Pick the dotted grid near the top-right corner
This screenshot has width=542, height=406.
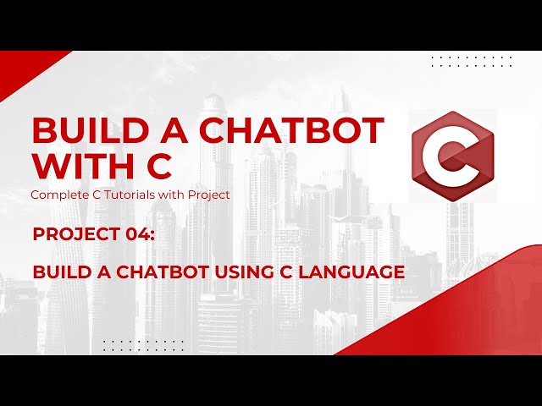point(472,61)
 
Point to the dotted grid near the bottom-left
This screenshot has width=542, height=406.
point(143,344)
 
